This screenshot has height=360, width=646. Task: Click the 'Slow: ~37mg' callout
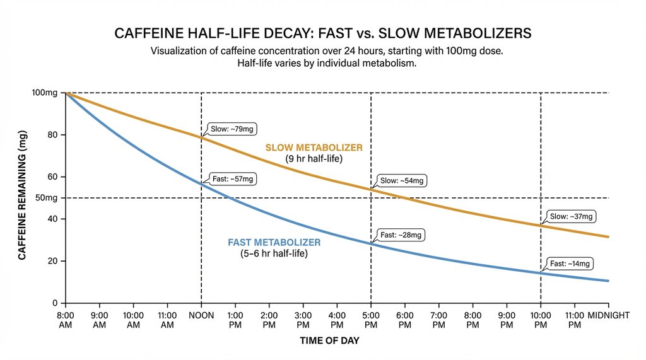click(571, 216)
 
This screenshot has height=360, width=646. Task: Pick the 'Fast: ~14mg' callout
click(571, 264)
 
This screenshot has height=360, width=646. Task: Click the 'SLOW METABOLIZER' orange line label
click(314, 148)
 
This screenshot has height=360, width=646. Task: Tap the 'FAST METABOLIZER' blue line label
click(274, 243)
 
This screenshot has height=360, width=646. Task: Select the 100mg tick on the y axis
click(45, 93)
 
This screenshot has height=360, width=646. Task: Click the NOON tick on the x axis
click(201, 315)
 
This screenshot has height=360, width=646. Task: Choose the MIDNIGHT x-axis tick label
click(609, 315)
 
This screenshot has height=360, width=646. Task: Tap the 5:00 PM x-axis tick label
click(370, 320)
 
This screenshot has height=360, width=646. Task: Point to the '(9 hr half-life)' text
click(314, 159)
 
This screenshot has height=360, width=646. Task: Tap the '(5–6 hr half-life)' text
click(274, 254)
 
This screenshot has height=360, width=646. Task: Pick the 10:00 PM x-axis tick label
click(540, 320)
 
